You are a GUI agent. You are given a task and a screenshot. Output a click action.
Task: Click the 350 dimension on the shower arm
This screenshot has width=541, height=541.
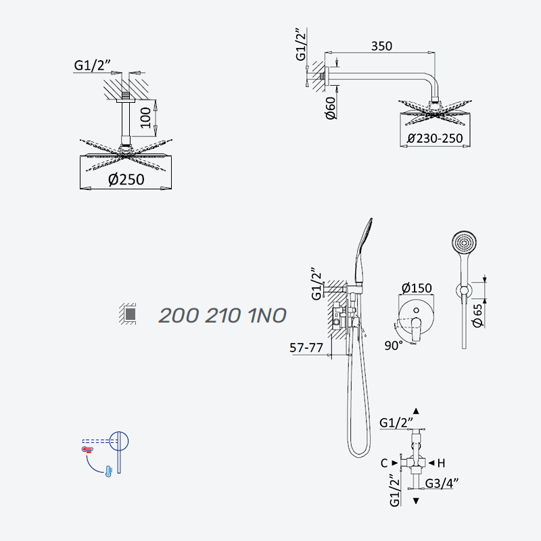[381, 46]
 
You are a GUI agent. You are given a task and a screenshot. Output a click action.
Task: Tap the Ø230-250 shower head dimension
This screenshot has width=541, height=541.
[435, 139]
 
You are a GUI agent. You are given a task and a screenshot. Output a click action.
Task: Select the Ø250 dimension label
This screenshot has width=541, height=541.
[126, 179]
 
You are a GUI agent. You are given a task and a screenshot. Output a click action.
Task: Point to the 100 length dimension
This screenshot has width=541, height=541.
[145, 118]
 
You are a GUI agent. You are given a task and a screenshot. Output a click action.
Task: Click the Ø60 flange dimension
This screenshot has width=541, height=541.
[331, 108]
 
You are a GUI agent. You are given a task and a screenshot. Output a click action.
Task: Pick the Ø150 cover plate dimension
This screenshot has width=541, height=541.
[417, 288]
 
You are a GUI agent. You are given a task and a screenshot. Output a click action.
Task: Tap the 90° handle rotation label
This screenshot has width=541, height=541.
[394, 346]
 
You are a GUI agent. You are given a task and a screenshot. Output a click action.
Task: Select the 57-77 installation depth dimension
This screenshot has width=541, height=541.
[306, 348]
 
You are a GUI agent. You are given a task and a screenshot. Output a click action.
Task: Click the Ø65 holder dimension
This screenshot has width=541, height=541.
[477, 316]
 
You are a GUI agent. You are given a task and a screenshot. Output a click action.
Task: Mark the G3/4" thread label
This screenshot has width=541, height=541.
[442, 484]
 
